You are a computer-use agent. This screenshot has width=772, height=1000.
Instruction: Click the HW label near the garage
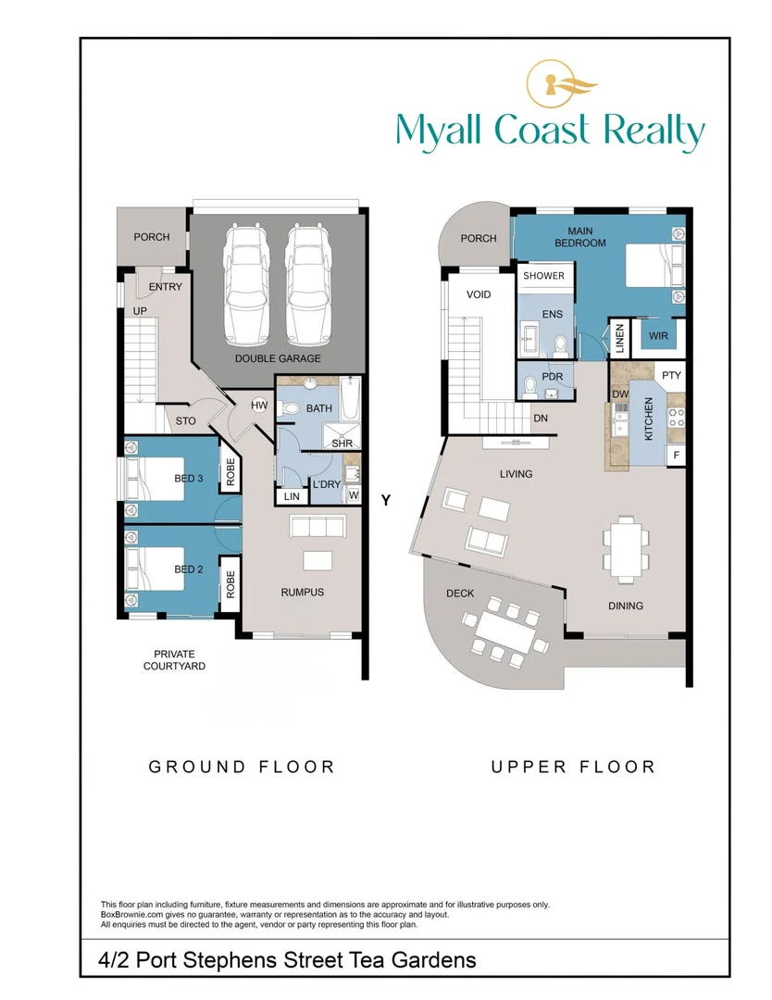259,406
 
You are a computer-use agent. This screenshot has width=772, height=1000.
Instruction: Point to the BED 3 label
189,479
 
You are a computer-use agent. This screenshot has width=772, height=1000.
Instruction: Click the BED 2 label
189,569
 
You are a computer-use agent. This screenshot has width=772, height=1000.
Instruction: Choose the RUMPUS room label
303,592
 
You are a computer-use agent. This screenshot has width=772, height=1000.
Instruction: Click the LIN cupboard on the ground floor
292,497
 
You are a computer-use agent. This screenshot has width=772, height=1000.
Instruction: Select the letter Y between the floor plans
386,500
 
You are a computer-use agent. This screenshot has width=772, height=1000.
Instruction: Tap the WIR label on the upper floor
659,334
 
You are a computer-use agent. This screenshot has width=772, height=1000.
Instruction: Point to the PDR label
552,377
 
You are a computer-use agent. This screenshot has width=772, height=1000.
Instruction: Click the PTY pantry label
672,375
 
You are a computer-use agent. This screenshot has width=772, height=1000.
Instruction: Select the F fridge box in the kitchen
677,456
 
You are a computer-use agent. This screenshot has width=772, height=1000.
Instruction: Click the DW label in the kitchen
620,394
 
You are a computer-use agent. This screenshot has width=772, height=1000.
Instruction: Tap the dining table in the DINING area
621,547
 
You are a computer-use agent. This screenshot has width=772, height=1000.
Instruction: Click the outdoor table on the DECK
504,634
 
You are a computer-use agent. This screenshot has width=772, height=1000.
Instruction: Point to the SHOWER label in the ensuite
543,276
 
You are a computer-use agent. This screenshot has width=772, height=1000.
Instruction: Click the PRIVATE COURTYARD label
175,660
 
